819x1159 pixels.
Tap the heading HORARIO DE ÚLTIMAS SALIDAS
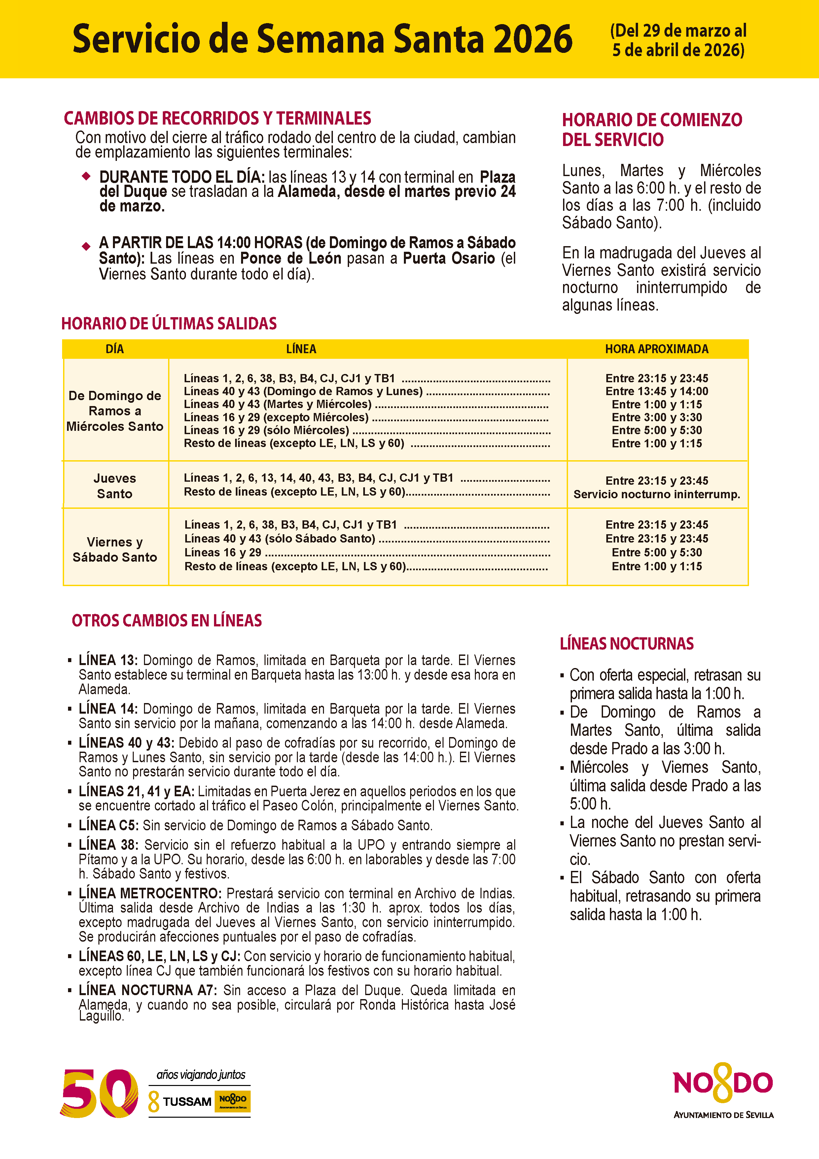point(169,323)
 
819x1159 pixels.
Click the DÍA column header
point(115,349)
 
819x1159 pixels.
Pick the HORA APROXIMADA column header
point(657,349)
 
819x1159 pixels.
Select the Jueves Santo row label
point(115,486)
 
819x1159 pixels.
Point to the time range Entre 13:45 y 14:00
point(657,391)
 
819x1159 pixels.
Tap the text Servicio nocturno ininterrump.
point(657,494)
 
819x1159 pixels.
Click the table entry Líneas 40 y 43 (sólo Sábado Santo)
point(280,539)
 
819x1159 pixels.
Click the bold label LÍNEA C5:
point(108,825)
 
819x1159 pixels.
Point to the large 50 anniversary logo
point(99,1093)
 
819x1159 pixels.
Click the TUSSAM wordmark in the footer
point(187,1102)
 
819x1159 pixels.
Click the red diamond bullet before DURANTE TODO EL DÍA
point(86,176)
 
